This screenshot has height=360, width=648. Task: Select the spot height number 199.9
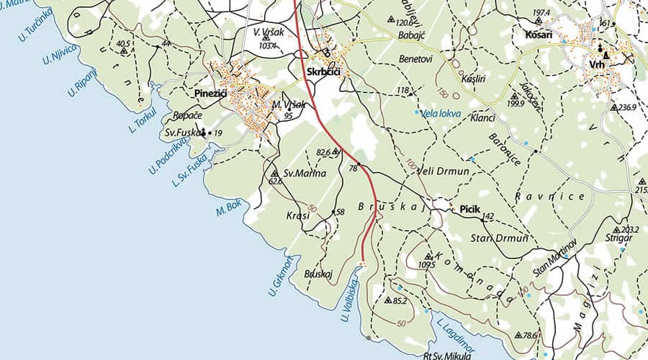(x=516, y=104)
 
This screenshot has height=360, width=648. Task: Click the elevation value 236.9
(x=627, y=107)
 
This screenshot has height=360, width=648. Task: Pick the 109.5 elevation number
(x=426, y=265)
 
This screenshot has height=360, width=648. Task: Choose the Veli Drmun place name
(x=447, y=170)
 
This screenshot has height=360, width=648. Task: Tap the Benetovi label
(x=415, y=59)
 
